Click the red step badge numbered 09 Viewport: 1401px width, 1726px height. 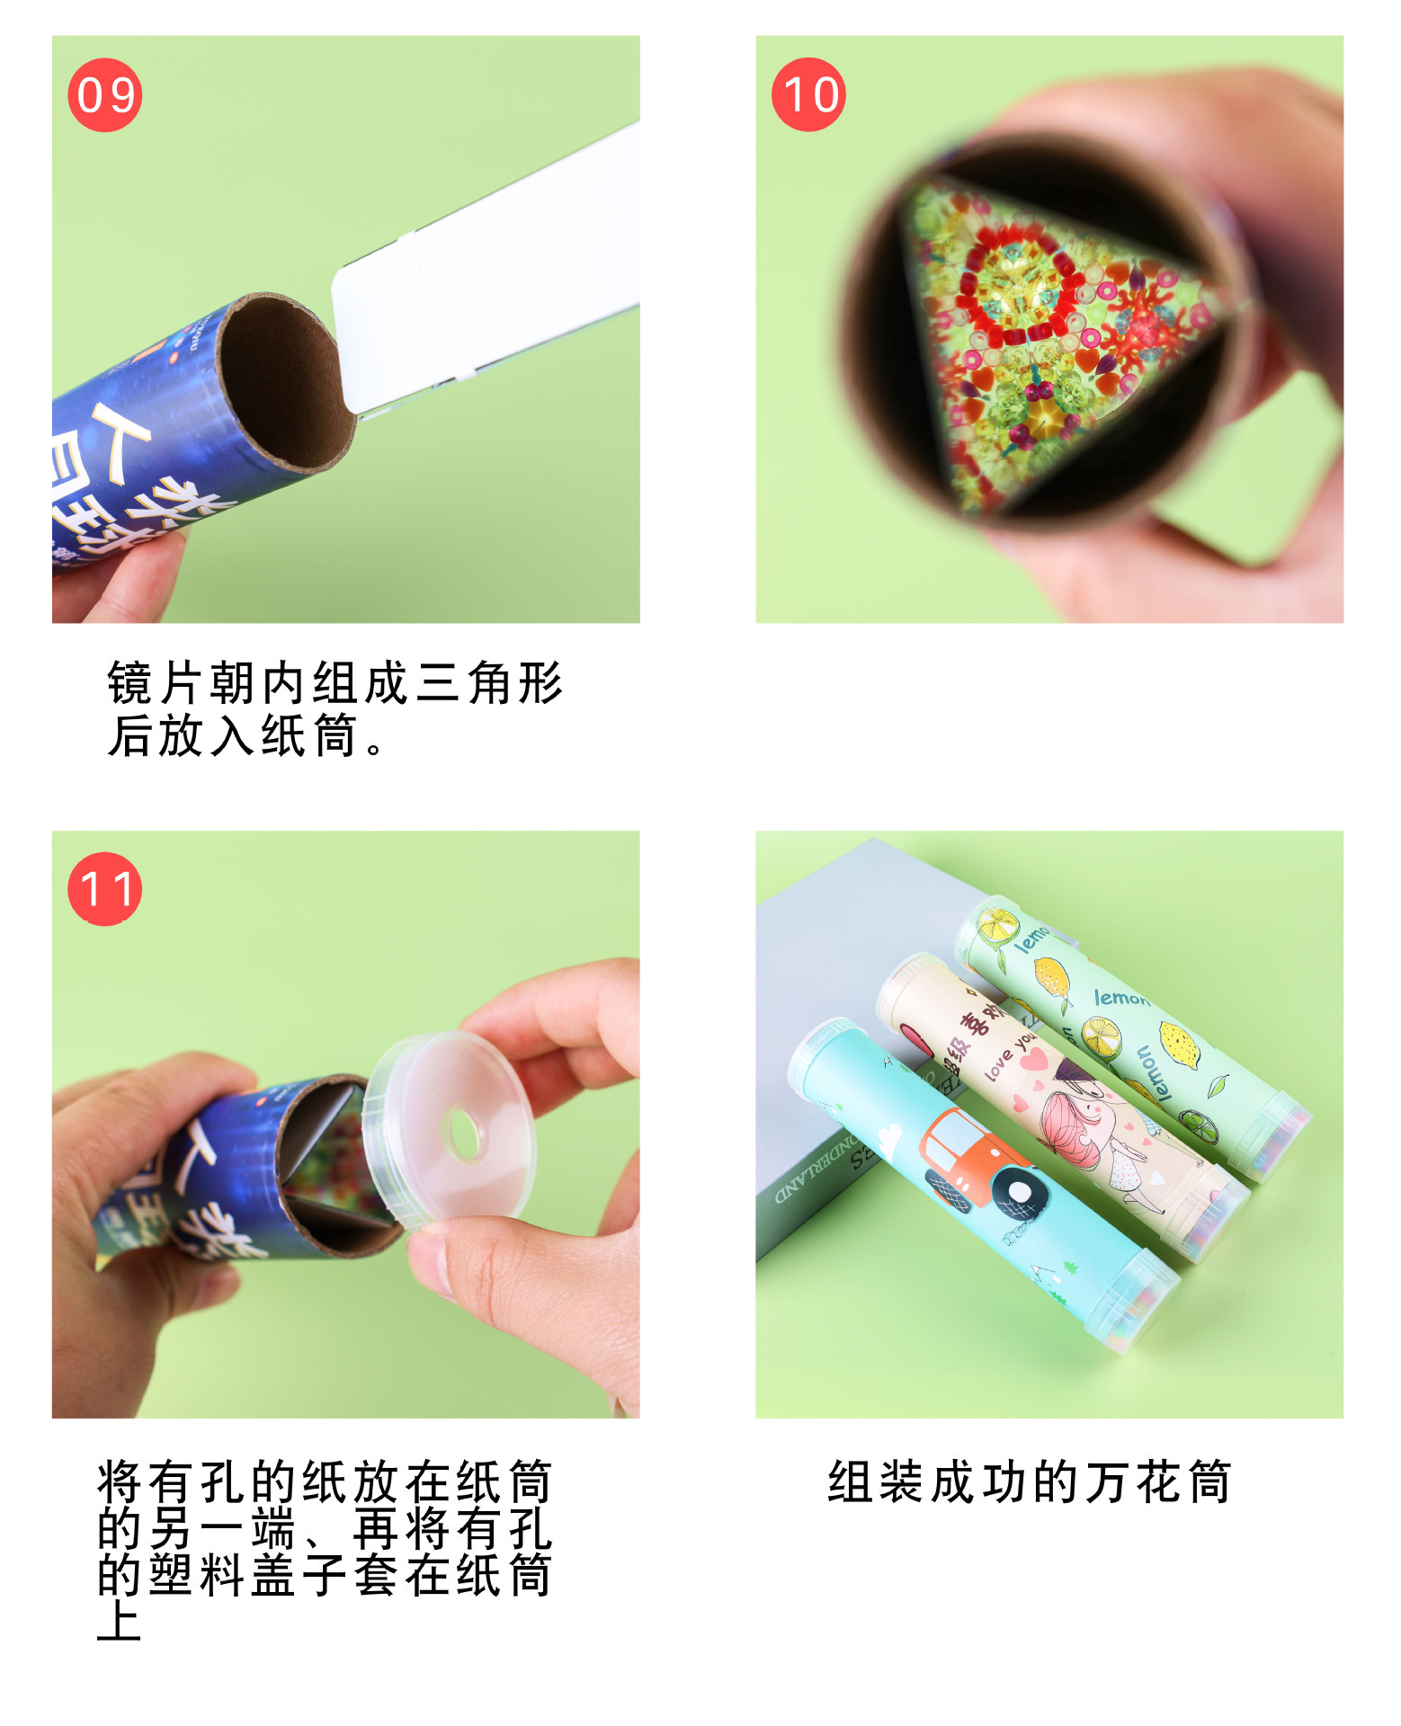click(x=105, y=94)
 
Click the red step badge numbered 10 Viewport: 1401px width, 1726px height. click(x=808, y=94)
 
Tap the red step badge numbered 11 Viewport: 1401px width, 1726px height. click(x=105, y=889)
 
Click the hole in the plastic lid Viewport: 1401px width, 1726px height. click(x=465, y=1135)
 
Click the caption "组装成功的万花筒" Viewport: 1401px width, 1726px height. click(x=1029, y=1482)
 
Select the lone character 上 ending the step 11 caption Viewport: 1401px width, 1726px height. click(x=119, y=1621)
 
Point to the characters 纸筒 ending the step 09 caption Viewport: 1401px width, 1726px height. click(x=310, y=735)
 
